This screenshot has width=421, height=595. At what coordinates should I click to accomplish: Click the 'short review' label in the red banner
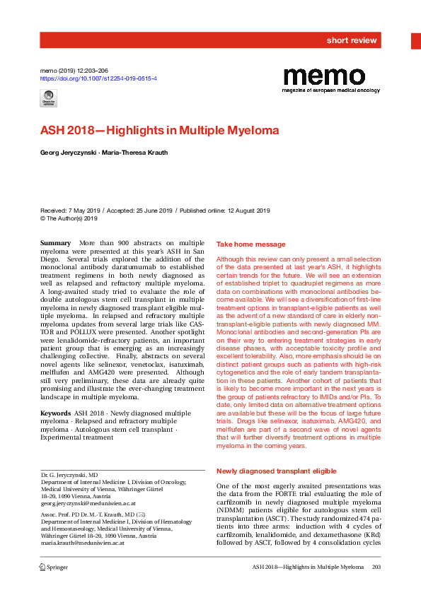(352, 40)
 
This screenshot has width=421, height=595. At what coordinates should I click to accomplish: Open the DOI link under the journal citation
(98, 80)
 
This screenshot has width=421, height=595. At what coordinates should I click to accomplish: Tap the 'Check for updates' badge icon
(49, 99)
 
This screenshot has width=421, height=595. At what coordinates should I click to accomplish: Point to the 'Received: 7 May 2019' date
(71, 211)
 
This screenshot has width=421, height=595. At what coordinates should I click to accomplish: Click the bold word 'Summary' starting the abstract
(56, 243)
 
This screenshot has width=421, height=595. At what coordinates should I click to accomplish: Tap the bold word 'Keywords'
(55, 413)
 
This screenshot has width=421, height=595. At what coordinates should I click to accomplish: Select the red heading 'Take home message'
(250, 244)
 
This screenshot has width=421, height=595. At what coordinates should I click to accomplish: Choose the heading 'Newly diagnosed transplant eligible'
(276, 471)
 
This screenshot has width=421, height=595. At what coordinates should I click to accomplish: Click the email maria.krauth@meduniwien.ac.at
(83, 542)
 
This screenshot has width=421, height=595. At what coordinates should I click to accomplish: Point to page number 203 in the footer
(376, 567)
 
